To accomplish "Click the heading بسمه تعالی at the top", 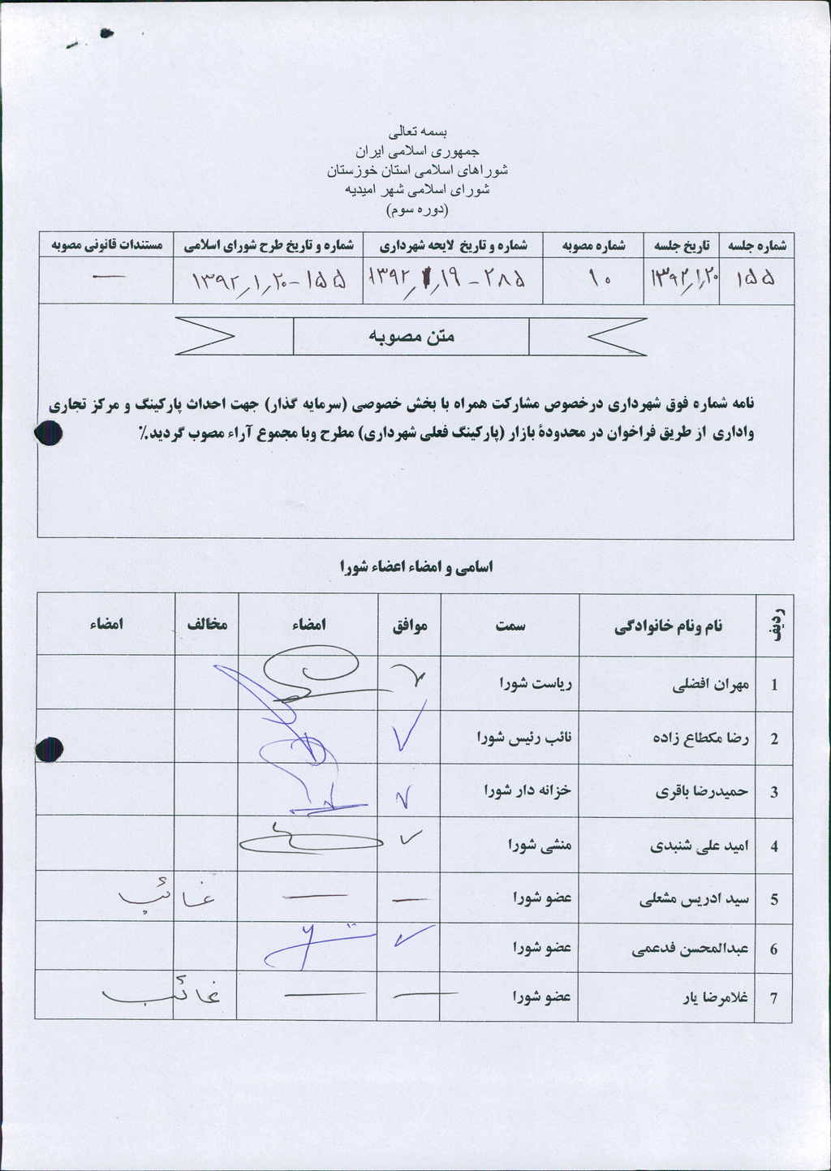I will tap(418, 131).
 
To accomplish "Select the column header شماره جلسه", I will tap(756, 245).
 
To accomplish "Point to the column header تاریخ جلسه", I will tap(682, 245).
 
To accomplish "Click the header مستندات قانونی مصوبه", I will tap(106, 245).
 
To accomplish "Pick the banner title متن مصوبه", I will tap(411, 336).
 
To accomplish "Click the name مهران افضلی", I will tap(710, 685).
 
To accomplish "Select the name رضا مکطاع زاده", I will tap(700, 738).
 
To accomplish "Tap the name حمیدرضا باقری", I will tap(701, 792).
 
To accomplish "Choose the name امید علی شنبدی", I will tap(699, 846).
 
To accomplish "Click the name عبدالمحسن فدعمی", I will tap(690, 949).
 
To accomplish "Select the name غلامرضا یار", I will tap(717, 997).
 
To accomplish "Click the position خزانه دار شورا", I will tap(527, 790).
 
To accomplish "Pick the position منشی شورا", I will tap(540, 845).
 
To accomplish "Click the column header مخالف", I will tap(207, 624).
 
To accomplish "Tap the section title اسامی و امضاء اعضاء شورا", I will tap(415, 567).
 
